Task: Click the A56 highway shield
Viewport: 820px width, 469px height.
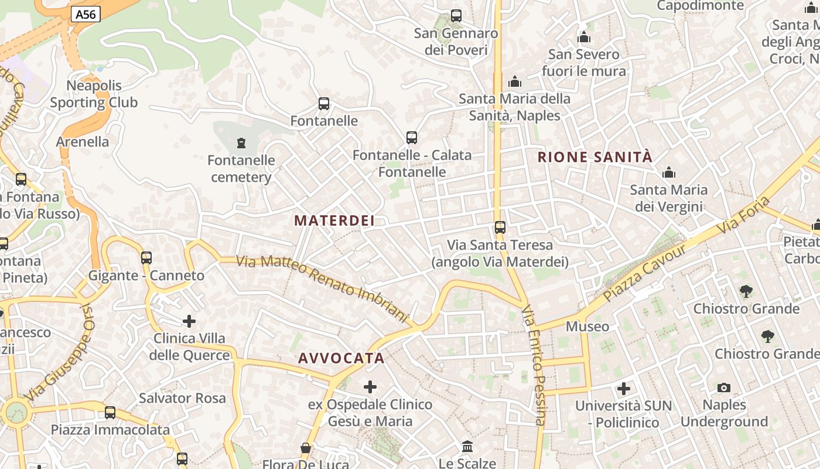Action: click(x=86, y=15)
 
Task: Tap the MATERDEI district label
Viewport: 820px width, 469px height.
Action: click(x=334, y=220)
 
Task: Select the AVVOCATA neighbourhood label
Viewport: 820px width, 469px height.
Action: click(x=341, y=358)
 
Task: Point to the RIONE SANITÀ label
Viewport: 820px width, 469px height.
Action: click(x=594, y=157)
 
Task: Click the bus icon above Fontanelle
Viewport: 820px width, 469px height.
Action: click(x=324, y=104)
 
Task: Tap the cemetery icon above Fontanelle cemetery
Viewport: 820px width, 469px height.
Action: click(x=241, y=142)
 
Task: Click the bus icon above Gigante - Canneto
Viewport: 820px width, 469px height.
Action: click(x=146, y=257)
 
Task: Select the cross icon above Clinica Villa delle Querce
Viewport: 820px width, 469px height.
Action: click(x=189, y=321)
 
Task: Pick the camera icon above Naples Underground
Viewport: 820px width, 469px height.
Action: click(x=724, y=388)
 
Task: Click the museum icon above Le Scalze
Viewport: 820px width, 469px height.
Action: click(x=467, y=447)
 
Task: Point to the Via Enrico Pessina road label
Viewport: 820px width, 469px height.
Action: click(x=534, y=365)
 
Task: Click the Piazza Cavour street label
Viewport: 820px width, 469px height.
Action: click(x=644, y=273)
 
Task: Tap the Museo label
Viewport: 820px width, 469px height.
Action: click(x=587, y=327)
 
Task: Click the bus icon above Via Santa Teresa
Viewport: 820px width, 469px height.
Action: click(x=500, y=227)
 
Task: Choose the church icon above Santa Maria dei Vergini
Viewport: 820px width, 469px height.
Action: click(x=668, y=172)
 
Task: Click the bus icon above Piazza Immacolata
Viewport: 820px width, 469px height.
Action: click(x=110, y=413)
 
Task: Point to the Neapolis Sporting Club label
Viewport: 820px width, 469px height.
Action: click(x=94, y=94)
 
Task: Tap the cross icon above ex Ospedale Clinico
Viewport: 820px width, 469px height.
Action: click(x=370, y=387)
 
